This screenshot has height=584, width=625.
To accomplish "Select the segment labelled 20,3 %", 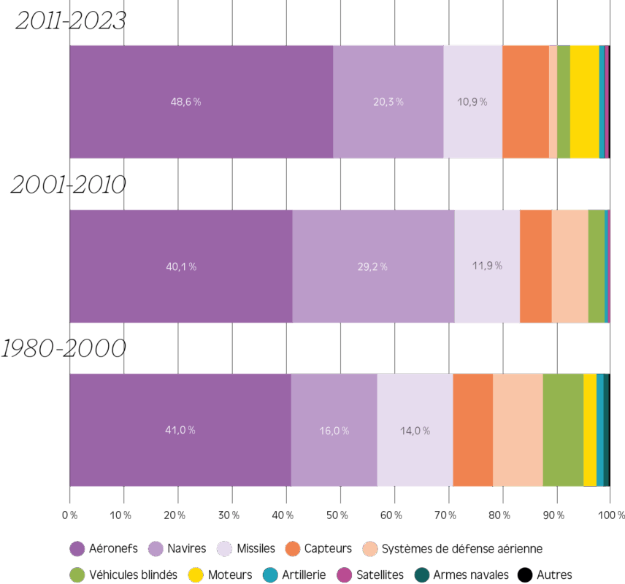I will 388,101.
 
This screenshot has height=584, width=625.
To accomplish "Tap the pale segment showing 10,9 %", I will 472,101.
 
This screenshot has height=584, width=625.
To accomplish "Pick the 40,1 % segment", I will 180,266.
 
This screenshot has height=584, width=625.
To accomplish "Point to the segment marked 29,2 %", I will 373,266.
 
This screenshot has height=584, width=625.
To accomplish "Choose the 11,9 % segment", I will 487,266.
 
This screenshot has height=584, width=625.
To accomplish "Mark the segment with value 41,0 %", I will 180,430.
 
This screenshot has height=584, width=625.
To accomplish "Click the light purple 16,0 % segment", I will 334,430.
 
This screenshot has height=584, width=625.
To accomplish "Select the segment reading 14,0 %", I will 415,430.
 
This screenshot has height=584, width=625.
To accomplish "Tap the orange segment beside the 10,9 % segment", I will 526,101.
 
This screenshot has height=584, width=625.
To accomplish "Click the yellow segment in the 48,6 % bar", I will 584,101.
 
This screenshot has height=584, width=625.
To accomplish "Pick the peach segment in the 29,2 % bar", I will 570,266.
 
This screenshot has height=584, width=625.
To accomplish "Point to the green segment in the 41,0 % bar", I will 563,430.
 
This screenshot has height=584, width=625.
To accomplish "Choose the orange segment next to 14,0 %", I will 472,430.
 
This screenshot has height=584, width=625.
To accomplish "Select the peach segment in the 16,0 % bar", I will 518,430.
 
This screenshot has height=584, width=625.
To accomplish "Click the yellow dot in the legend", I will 196,575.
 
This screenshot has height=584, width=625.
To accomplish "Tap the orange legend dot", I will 293,549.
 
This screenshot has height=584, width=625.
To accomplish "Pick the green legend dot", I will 77,575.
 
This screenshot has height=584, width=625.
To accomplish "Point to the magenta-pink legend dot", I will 345,575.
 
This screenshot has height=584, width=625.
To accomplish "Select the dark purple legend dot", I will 77,549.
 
